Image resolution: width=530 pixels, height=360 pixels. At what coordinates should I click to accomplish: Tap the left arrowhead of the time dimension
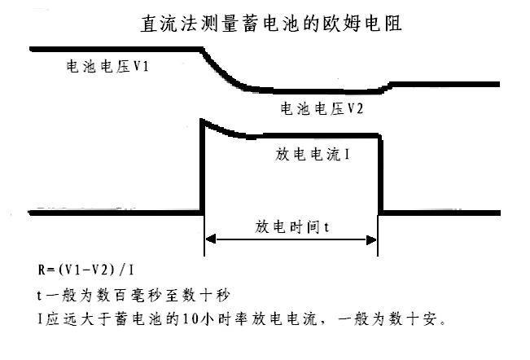point(208,239)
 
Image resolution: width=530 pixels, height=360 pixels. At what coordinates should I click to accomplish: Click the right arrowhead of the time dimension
point(374,239)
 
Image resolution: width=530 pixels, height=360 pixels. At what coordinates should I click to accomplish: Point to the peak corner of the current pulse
point(203,122)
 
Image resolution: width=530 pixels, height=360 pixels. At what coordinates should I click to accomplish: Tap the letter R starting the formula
point(31,268)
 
